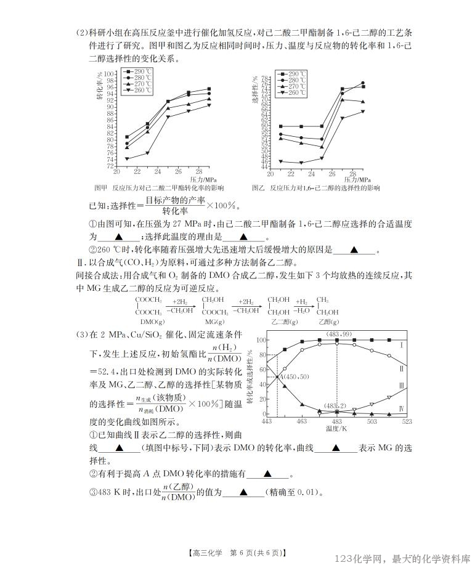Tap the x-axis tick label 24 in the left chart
[158, 172]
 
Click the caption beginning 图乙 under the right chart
[315, 187]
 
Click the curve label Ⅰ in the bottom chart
[401, 346]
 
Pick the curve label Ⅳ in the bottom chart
[401, 408]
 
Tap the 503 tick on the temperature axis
[371, 421]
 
